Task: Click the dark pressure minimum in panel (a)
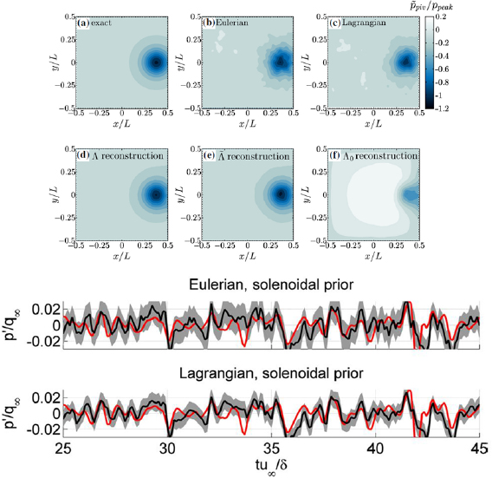coord(155,62)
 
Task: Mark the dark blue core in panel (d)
coord(155,194)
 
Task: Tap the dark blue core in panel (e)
coord(282,194)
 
